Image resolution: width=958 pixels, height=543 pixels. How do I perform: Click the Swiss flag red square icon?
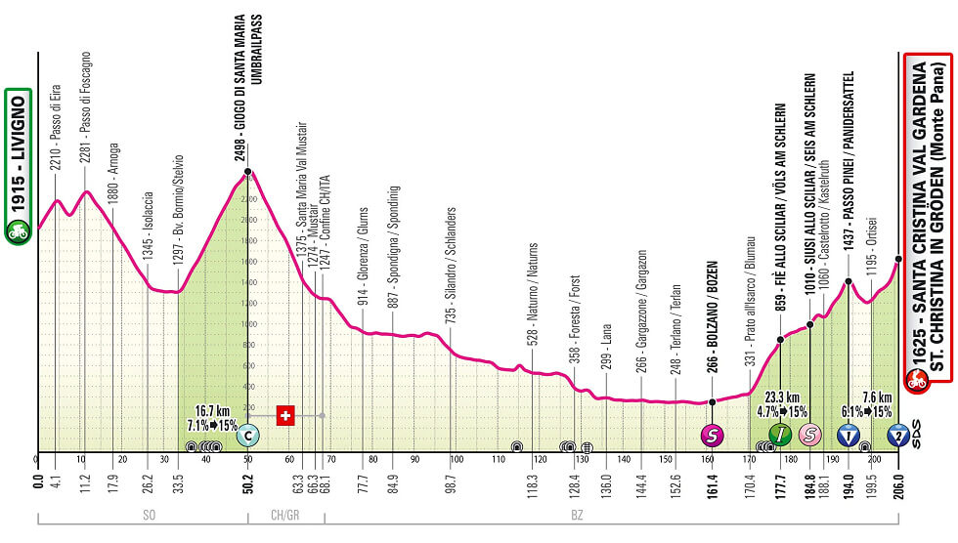(x=285, y=415)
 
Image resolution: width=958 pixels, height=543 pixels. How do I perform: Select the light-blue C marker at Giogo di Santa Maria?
(x=247, y=435)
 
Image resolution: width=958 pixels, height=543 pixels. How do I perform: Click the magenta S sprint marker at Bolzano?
(x=712, y=435)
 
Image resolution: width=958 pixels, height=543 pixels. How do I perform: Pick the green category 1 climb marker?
(x=780, y=435)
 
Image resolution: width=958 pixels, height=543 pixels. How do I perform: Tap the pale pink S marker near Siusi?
(x=809, y=435)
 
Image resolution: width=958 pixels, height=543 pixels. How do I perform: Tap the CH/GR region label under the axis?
(x=284, y=514)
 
